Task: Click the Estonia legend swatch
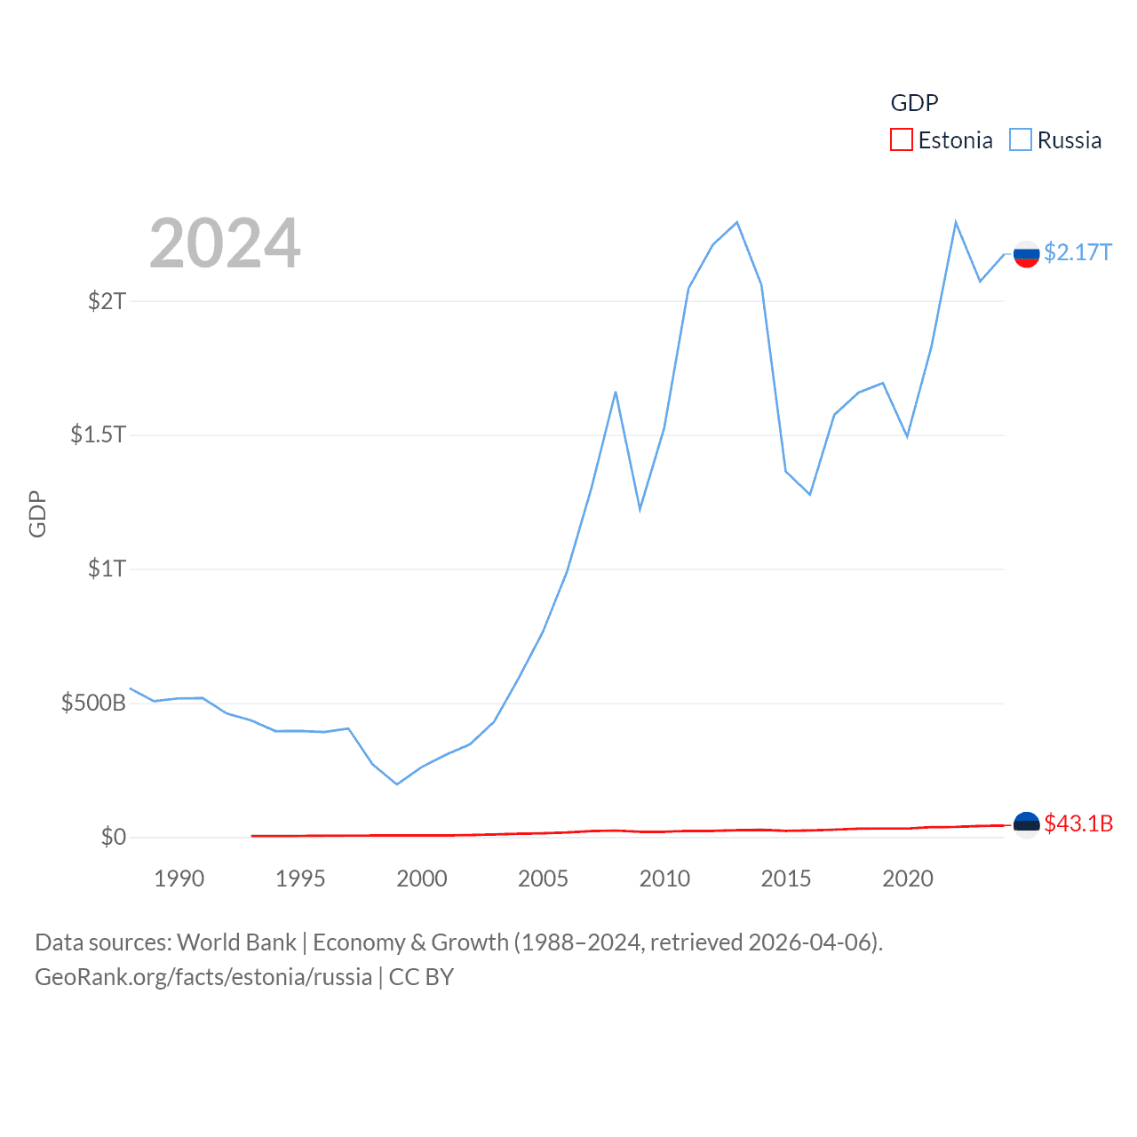coord(902,140)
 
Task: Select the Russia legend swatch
coord(1021,140)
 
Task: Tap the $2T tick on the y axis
coord(107,301)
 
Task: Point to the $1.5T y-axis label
coord(99,434)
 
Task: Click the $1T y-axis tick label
coord(107,568)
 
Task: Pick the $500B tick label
coord(93,704)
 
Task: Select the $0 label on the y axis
coord(114,837)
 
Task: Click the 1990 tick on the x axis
coord(179,879)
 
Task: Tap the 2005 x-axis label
coord(543,879)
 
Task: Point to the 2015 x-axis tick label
coord(786,879)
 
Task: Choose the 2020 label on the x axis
coord(907,879)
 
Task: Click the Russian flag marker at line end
coord(1026,254)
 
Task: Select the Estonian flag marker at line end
coord(1026,825)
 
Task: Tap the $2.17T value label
coord(1077,253)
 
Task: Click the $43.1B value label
coord(1078,823)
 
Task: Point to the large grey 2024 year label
coord(225,243)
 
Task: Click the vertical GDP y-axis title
coord(37,513)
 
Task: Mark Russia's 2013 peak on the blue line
coord(737,222)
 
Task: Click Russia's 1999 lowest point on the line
coord(397,784)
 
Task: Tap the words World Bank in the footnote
coord(237,942)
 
